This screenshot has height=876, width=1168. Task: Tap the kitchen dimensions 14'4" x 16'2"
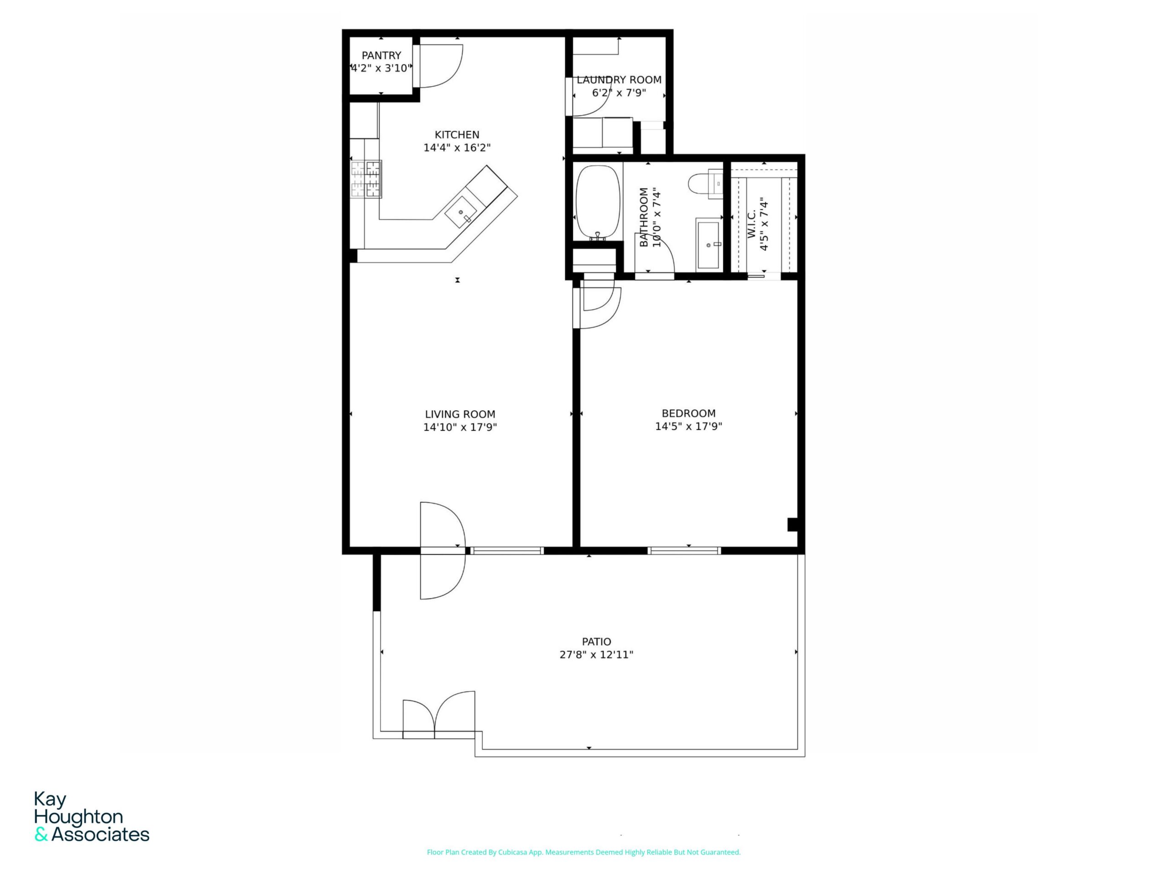point(457,148)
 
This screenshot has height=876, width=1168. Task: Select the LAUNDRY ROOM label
point(619,80)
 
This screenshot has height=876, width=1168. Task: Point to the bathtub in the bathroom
point(597,203)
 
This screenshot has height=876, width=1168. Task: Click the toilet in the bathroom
point(705,184)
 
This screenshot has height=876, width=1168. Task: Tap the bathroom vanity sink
point(708,245)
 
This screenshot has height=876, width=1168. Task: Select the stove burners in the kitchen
point(366,179)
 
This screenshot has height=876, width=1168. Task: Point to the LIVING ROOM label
point(460,414)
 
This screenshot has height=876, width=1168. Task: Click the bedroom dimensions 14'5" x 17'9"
point(688,427)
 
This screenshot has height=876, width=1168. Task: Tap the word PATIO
point(596,641)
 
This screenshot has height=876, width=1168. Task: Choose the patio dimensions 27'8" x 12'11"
point(596,655)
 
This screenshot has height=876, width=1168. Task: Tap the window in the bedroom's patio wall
point(684,551)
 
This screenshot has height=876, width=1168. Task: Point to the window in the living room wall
point(507,551)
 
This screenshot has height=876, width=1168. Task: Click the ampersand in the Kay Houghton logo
point(41,835)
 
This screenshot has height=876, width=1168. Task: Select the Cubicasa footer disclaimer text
point(584,852)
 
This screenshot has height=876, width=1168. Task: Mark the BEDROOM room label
point(688,413)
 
